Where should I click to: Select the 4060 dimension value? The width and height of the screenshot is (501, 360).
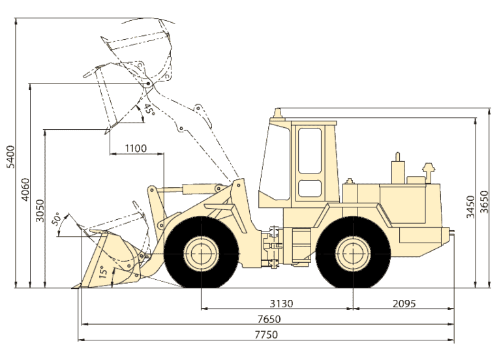[25, 189]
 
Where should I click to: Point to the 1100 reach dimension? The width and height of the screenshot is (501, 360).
[136, 148]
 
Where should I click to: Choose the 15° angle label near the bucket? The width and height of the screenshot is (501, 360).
[102, 271]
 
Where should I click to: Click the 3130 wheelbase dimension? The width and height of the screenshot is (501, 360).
[281, 303]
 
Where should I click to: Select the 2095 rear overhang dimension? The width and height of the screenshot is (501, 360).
[404, 303]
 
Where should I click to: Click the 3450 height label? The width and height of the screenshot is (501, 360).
[470, 205]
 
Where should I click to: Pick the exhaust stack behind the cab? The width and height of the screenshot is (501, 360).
[397, 170]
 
